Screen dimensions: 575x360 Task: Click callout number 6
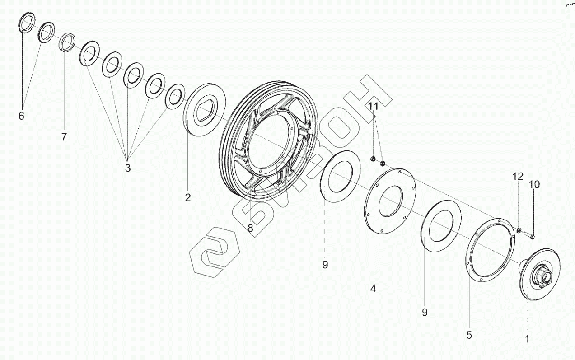21,116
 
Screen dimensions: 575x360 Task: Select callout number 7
64,137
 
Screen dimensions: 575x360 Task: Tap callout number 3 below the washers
127,168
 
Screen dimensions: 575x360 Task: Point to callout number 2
187,197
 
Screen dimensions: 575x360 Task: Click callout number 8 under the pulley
251,228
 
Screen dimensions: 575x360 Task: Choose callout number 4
373,288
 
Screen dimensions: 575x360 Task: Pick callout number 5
469,335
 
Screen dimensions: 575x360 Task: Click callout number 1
527,339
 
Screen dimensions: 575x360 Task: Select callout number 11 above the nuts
374,106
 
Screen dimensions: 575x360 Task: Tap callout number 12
518,177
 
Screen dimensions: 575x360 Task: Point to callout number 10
534,184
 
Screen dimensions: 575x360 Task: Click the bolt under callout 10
528,235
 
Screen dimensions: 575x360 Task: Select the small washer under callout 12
519,230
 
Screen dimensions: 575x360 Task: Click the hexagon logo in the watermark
215,252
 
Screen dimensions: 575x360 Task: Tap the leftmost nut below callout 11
373,159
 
